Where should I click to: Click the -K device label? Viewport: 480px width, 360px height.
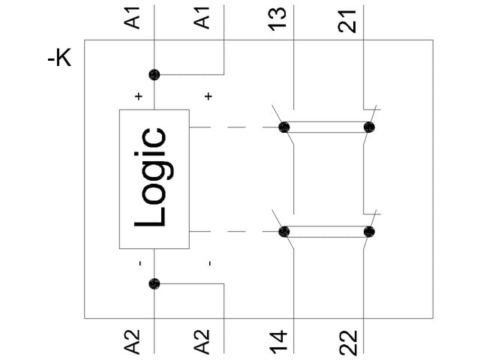59,58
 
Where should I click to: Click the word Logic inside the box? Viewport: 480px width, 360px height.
151,178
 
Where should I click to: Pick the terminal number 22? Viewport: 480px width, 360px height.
347,340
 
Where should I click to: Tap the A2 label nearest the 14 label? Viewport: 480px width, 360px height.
203,341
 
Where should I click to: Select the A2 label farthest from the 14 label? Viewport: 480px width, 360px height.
133,341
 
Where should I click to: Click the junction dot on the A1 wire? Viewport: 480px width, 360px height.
154,74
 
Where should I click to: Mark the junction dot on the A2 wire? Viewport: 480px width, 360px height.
154,283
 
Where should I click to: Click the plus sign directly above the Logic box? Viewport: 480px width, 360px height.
138,96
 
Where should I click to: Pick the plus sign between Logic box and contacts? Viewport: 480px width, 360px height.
208,96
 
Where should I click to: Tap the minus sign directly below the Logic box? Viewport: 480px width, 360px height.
139,263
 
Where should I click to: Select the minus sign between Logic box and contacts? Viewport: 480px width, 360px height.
209,263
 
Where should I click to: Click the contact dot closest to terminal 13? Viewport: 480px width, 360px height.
284,127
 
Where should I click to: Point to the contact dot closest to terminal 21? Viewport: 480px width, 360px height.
368,127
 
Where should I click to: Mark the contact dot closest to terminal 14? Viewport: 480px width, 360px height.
284,232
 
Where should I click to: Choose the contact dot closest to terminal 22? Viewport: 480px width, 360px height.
368,232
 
